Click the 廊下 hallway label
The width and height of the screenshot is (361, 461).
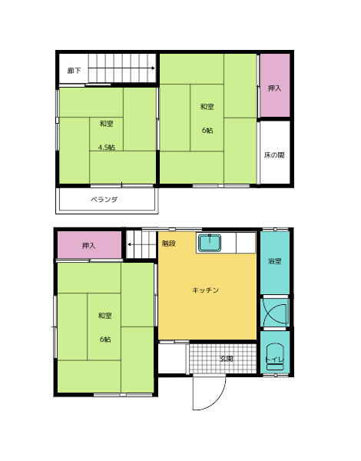pyautogui.click(x=74, y=71)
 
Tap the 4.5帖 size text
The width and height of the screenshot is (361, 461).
pyautogui.click(x=107, y=148)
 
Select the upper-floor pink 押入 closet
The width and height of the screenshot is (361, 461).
pyautogui.click(x=275, y=85)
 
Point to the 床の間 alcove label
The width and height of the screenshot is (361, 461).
pyautogui.click(x=274, y=155)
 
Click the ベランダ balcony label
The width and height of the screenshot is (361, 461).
pyautogui.click(x=104, y=200)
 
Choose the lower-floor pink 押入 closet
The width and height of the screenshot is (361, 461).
pyautogui.click(x=89, y=245)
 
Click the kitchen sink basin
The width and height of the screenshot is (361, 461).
pyautogui.click(x=210, y=243)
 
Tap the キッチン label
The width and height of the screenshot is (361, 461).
pyautogui.click(x=206, y=290)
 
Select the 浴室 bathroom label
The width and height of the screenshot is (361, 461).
pyautogui.click(x=275, y=261)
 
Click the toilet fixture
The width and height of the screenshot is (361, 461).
pyautogui.click(x=275, y=357)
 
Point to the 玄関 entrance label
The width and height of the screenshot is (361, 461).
pyautogui.click(x=227, y=359)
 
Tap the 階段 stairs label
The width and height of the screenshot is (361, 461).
pyautogui.click(x=169, y=244)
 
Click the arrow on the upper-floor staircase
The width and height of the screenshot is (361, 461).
pyautogui.click(x=121, y=68)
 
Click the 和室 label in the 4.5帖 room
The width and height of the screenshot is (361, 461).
pyautogui.click(x=107, y=124)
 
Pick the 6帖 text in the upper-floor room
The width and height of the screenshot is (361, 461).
pyautogui.click(x=207, y=131)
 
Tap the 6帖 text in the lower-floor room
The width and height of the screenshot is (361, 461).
pyautogui.click(x=105, y=340)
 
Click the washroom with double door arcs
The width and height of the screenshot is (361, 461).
pyautogui.click(x=275, y=312)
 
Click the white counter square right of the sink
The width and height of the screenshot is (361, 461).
pyautogui.click(x=246, y=243)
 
